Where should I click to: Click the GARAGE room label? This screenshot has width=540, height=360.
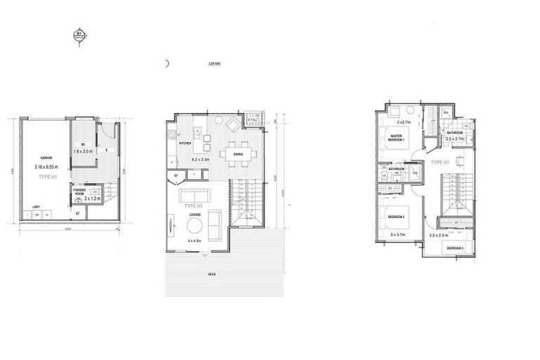pos(46,158)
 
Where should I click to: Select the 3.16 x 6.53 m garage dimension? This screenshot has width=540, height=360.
pos(48,167)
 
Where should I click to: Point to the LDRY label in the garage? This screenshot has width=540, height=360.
pos(36,207)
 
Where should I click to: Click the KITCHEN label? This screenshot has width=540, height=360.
pos(185,143)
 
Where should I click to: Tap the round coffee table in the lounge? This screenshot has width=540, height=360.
pos(195,225)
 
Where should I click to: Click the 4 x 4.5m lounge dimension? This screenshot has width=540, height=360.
pos(195,240)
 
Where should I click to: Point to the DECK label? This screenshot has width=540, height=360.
pos(212,274)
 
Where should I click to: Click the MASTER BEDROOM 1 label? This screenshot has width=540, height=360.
pos(397,137)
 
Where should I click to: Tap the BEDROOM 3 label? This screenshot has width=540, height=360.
pos(454,249)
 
